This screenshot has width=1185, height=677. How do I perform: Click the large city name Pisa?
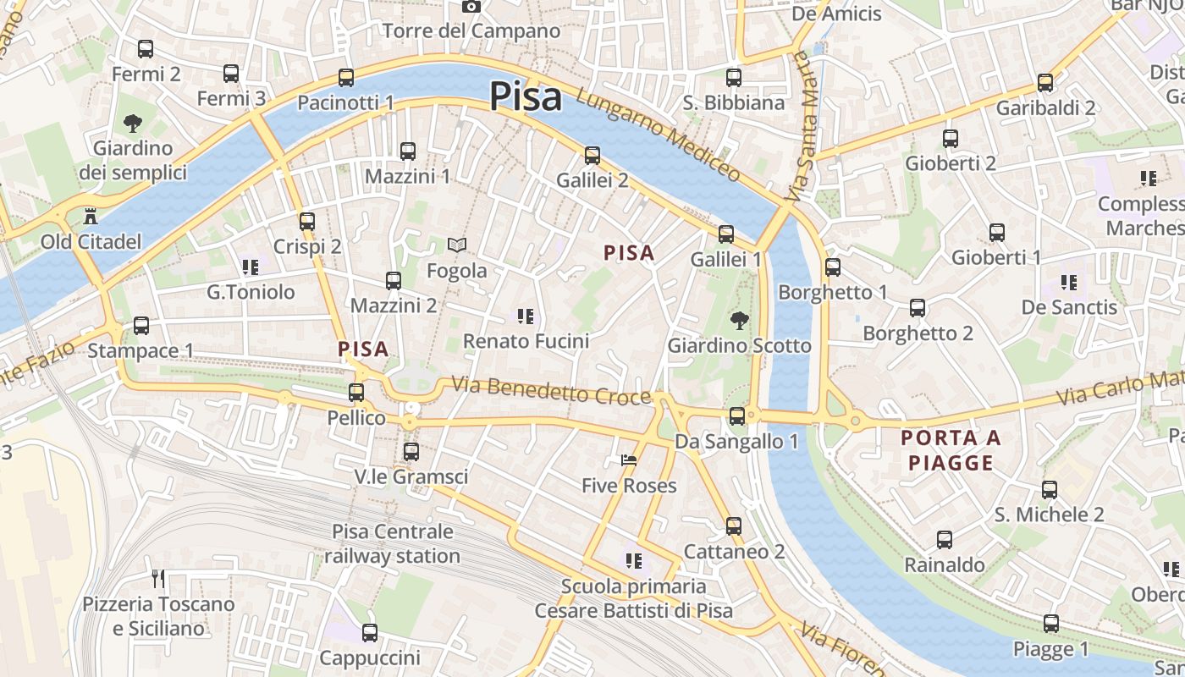coord(525,96)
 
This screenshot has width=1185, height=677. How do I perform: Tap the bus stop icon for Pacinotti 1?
coord(345,78)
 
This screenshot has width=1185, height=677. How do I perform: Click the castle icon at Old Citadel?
coord(91,216)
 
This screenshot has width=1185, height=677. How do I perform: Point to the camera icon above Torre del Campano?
coord(471,7)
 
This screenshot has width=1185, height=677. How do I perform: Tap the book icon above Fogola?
coord(457,245)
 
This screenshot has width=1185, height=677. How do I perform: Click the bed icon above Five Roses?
coord(628,460)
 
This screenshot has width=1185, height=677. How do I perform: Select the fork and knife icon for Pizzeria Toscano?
coord(157,579)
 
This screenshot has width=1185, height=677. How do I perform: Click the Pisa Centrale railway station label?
coord(392,544)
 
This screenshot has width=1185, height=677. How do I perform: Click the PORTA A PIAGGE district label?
coord(951,450)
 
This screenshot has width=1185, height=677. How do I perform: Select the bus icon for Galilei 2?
coord(592,156)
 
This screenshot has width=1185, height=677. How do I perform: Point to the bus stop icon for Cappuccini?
coord(370,633)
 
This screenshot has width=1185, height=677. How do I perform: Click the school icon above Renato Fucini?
coord(526,316)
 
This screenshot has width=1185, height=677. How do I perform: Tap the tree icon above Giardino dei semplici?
coord(132,124)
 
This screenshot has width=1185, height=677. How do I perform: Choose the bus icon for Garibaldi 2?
coord(1045,83)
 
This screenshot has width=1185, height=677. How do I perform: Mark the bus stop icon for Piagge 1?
coord(1051,624)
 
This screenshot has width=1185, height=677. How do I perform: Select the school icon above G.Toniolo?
coord(250,267)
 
